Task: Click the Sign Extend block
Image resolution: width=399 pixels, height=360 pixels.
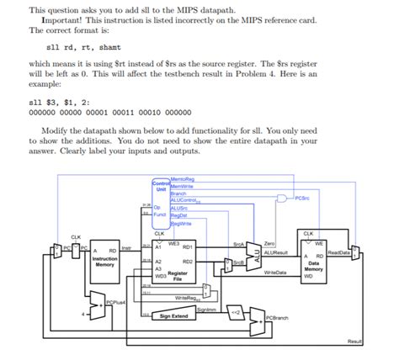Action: (x=173, y=315)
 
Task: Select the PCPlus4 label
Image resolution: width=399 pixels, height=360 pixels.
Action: (x=117, y=300)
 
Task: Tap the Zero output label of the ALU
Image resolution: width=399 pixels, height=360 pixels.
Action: (x=269, y=243)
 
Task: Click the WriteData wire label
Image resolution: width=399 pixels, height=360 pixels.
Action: (x=275, y=273)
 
